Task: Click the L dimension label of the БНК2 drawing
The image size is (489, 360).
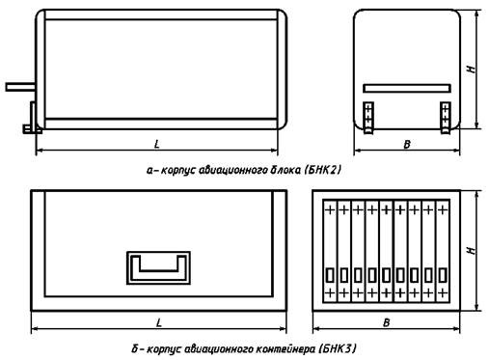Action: coord(157,144)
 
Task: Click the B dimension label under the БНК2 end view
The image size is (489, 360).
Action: coord(407,145)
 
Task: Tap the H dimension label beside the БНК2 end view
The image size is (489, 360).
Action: coord(472,69)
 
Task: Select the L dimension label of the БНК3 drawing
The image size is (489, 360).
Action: coord(159,322)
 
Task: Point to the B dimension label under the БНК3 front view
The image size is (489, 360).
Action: coord(387,322)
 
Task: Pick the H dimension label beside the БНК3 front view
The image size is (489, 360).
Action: coord(472,250)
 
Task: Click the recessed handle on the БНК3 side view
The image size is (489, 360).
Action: coord(158,268)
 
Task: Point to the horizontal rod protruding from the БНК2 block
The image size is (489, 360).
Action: coord(20,87)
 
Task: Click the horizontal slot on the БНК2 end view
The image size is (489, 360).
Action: coord(407,89)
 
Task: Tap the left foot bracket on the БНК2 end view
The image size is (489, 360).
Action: coord(368,118)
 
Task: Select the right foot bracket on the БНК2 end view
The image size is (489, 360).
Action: coord(446,118)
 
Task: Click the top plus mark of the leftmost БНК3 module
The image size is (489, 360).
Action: coord(330,210)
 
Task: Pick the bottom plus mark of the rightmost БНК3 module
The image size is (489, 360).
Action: coord(443,293)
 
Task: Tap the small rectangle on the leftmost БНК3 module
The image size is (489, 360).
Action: coord(330,275)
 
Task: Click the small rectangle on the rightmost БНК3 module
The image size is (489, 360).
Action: coord(443,275)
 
